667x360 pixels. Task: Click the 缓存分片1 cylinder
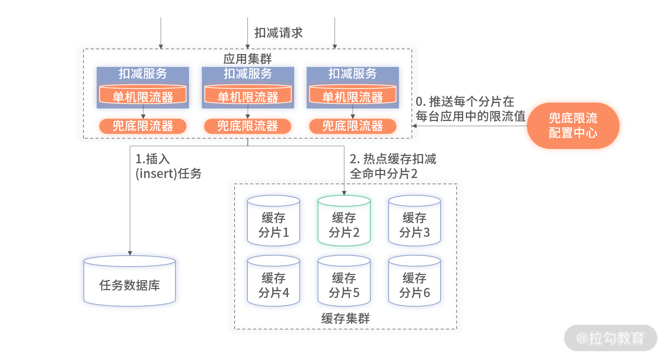pos(274,220)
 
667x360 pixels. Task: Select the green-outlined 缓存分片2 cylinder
pos(344,220)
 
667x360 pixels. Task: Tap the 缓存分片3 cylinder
pos(414,220)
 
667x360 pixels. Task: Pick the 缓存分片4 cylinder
pos(274,281)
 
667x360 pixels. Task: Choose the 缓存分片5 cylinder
pos(344,281)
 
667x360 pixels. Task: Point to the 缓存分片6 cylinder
pos(414,281)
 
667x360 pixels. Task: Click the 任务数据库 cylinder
pos(130,281)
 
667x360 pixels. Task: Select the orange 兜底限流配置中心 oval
pos(573,126)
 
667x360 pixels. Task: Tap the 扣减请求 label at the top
pos(278,33)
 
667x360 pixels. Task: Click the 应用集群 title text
pos(247,58)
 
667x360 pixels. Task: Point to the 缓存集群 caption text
pos(345,318)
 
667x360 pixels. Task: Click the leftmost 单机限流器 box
pos(143,95)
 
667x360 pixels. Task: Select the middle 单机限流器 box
pos(248,95)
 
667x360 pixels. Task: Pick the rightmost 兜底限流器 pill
pos(353,126)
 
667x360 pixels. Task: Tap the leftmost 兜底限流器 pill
pos(143,126)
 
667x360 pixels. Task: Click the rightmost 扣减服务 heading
pos(353,74)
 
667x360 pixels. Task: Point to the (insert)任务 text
pos(168,174)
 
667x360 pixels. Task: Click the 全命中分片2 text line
pos(384,174)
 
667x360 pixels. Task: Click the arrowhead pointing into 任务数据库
pos(130,253)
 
